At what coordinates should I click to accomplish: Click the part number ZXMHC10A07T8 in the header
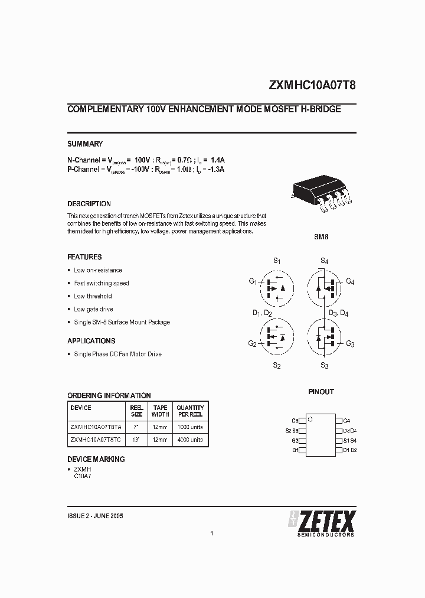point(312,84)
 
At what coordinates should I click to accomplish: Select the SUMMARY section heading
point(85,144)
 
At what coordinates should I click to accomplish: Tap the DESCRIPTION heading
point(89,204)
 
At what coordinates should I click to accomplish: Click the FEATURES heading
point(84,257)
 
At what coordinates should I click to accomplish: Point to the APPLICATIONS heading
point(91,341)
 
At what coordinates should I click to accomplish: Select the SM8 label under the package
point(321,236)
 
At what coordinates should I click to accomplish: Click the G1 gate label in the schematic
point(253,281)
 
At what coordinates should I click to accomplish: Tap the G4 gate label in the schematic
point(350,281)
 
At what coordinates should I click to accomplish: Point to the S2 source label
point(276,366)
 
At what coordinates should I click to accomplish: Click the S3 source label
point(324,366)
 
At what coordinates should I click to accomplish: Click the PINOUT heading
point(321,392)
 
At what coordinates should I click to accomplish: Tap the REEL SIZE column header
point(136,411)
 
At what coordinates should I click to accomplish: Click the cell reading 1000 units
point(190,427)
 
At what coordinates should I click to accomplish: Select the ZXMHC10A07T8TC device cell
point(96,440)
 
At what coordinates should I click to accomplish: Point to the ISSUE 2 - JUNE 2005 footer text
point(95,516)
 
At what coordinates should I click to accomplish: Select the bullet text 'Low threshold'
point(93,296)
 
